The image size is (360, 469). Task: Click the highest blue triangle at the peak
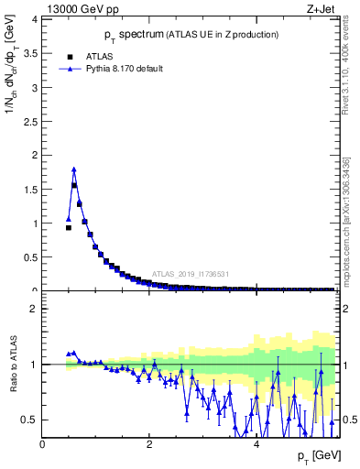74,169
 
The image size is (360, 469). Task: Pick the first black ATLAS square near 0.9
69,227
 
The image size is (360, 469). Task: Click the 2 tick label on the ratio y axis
34,309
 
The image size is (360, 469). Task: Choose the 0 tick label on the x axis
43,444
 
